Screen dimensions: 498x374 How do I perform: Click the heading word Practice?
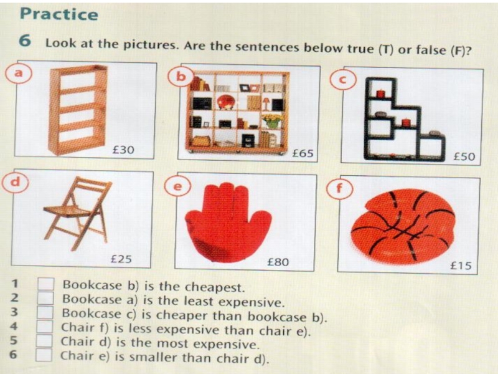click(x=59, y=14)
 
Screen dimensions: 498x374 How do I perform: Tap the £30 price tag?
click(x=123, y=150)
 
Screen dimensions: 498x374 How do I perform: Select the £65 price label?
click(x=303, y=153)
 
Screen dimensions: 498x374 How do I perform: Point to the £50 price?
click(x=464, y=156)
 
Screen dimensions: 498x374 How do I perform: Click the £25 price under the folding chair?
click(x=121, y=259)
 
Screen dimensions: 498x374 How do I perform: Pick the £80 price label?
click(x=278, y=262)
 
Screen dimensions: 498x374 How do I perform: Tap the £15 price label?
click(x=461, y=266)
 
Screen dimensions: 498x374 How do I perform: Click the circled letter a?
click(x=19, y=73)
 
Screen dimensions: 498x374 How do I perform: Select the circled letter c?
click(x=343, y=80)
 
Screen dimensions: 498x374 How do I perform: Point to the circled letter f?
click(x=339, y=189)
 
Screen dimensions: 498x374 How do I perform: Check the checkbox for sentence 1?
click(x=45, y=284)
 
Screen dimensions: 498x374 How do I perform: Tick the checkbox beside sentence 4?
click(x=44, y=327)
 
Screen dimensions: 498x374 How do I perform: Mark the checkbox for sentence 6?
click(x=44, y=355)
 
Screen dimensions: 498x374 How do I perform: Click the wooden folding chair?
click(x=78, y=213)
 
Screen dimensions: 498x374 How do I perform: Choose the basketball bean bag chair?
click(x=403, y=226)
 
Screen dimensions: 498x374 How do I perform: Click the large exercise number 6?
click(x=25, y=41)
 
